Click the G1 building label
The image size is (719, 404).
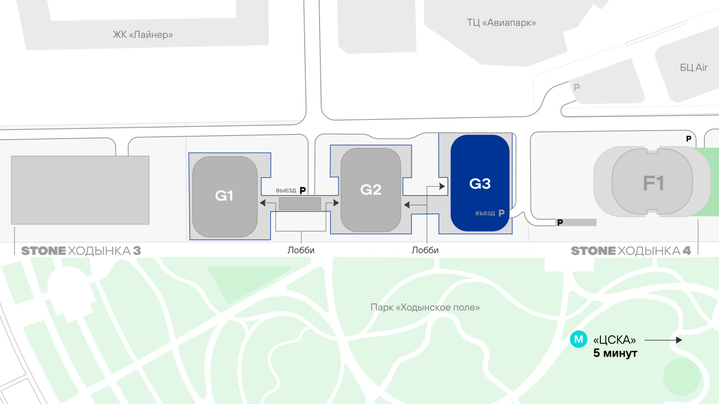point(223,196)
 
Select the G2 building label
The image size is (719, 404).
point(371,190)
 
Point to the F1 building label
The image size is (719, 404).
point(654,183)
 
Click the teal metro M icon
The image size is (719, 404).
point(578,339)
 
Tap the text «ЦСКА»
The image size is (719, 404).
point(614,340)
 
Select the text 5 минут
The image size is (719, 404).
point(615,354)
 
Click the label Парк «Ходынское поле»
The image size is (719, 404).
point(425,308)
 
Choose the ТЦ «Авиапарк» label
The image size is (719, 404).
point(502,23)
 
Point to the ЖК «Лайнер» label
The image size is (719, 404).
point(143,34)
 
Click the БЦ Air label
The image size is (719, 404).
point(694,68)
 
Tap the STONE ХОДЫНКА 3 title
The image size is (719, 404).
point(81,251)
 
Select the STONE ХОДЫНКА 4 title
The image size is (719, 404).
point(631,251)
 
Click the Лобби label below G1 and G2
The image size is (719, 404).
point(301,251)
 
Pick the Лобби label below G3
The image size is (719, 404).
point(425,251)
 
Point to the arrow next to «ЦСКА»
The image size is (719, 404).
point(663,340)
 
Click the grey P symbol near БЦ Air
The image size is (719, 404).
point(576,87)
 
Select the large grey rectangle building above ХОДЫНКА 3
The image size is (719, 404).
point(80,190)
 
